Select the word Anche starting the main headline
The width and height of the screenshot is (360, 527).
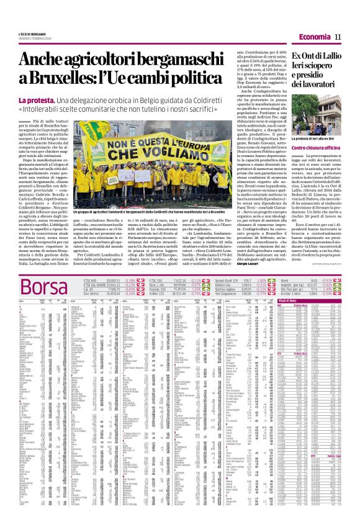47,60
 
